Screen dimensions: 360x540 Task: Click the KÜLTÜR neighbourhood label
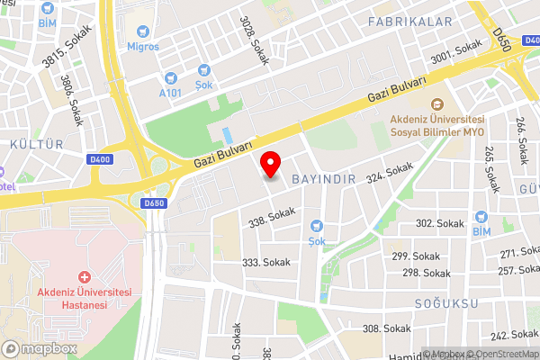[x=36, y=144]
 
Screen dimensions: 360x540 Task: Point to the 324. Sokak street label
[x=389, y=173]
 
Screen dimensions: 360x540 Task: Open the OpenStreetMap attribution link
[x=502, y=354]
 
